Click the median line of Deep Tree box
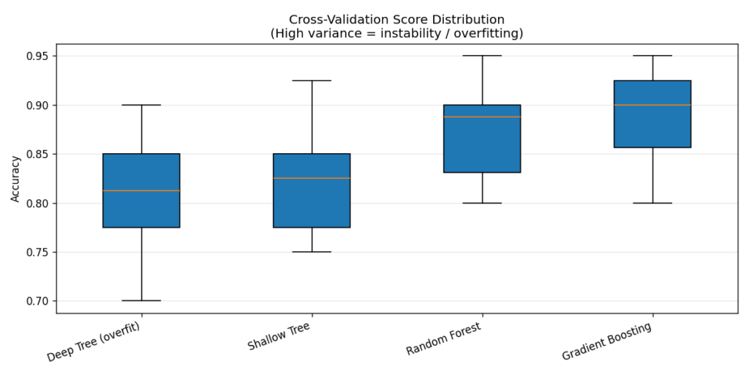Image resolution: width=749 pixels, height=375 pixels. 141,190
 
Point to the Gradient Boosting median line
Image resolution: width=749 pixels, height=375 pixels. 652,105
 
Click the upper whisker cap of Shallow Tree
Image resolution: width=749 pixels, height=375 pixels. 312,81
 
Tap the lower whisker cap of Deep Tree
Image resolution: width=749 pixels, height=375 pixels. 141,301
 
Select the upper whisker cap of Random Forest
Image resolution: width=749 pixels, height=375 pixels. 482,56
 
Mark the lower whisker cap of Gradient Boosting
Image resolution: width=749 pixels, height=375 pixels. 652,203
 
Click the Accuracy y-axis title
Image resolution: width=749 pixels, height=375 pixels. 15,178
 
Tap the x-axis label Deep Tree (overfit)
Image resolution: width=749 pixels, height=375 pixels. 94,341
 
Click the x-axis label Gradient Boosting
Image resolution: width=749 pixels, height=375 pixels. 608,341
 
